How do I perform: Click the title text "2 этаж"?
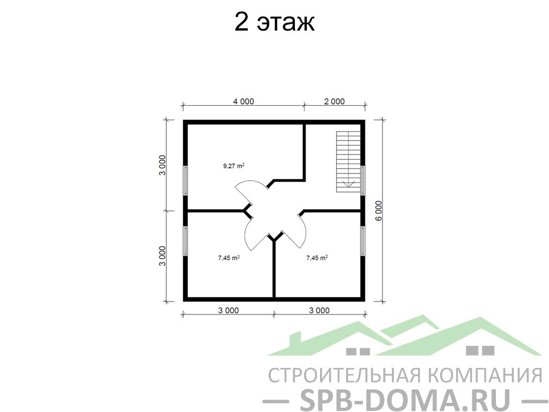click(274, 23)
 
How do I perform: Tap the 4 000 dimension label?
click(243, 101)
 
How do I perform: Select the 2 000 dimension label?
click(334, 101)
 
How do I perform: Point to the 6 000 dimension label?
click(380, 210)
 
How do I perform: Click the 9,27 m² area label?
click(234, 166)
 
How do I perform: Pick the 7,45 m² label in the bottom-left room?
click(229, 258)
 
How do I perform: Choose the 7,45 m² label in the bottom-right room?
click(317, 258)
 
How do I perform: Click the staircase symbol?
click(348, 161)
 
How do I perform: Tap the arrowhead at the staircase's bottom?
click(348, 185)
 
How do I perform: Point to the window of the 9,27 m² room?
click(186, 180)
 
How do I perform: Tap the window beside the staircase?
click(363, 180)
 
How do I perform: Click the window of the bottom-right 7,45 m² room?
click(363, 241)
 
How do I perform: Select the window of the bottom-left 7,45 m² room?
click(186, 241)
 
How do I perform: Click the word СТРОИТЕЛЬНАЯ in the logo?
click(345, 376)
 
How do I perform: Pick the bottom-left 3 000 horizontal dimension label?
click(228, 311)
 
